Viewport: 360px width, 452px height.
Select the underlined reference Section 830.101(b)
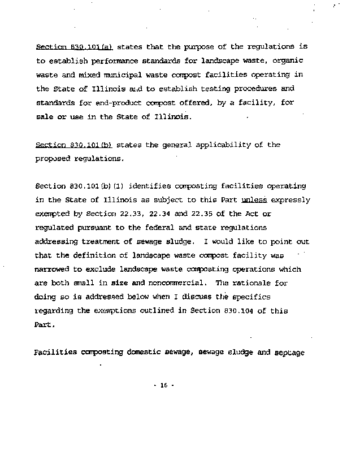[x=74, y=145]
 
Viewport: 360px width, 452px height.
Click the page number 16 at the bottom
[x=164, y=386]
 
